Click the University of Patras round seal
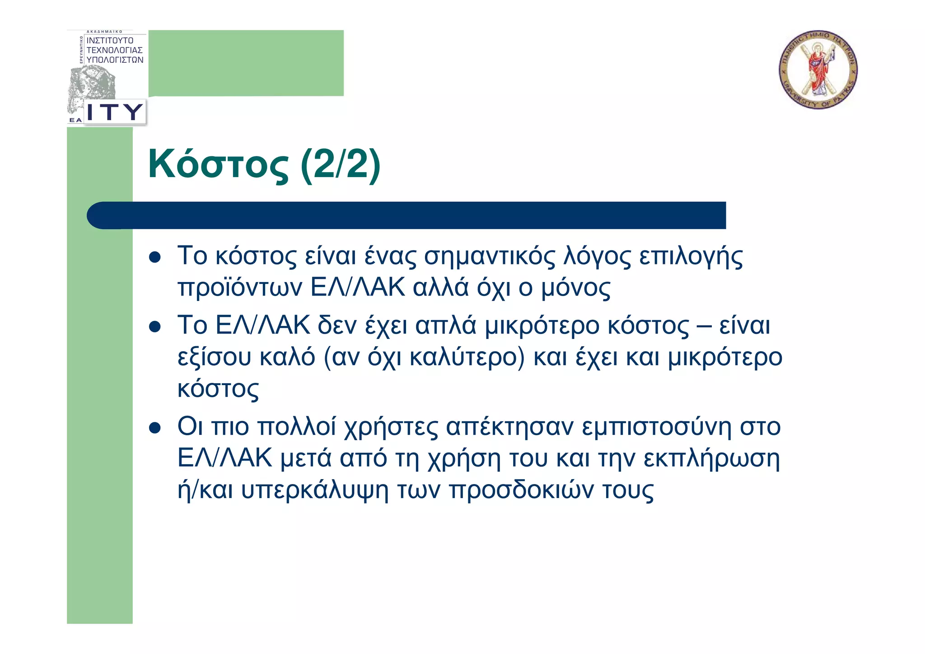tap(818, 70)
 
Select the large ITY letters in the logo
tap(115, 112)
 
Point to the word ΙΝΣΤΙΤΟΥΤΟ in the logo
tap(110, 41)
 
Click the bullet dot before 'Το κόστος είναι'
tap(155, 258)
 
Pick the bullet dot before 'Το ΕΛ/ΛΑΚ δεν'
tap(155, 327)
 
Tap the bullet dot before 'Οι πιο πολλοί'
tap(155, 428)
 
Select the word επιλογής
tap(691, 257)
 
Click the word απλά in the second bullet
tap(446, 326)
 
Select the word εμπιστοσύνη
tap(656, 428)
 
